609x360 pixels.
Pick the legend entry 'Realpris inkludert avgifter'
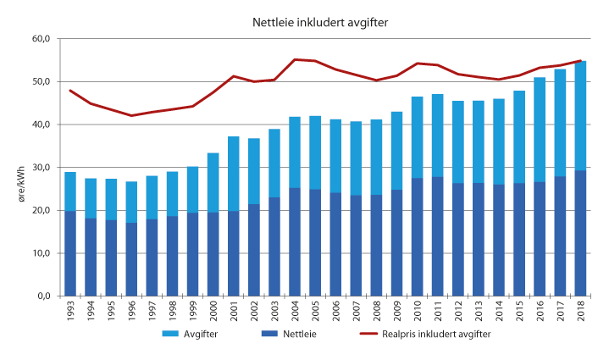pyautogui.click(x=450, y=334)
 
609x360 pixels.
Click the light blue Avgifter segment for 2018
pyautogui.click(x=582, y=115)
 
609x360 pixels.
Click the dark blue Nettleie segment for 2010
pyautogui.click(x=418, y=237)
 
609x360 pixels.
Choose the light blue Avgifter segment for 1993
pyautogui.click(x=71, y=191)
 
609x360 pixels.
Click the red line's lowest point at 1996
pyautogui.click(x=132, y=115)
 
